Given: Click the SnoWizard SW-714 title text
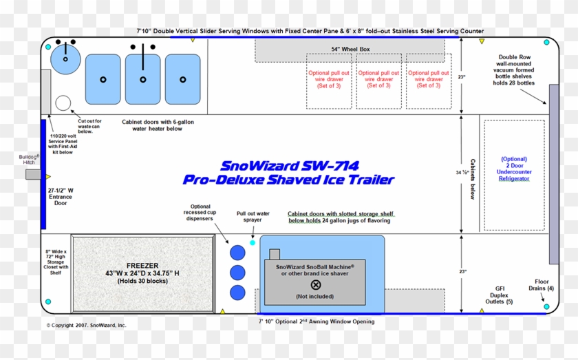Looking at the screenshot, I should [290, 166].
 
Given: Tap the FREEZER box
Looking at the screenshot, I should [143, 271].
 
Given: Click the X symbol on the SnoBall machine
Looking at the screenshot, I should [316, 285].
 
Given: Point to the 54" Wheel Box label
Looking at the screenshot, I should [350, 50].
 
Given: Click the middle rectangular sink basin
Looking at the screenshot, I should [143, 78].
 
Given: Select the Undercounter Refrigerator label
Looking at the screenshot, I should [514, 168].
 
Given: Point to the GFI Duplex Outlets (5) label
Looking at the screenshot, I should [500, 295].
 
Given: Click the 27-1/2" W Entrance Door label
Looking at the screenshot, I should [61, 196].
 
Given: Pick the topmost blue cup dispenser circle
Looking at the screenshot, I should [238, 253].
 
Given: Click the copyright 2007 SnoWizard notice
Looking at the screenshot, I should [87, 325].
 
